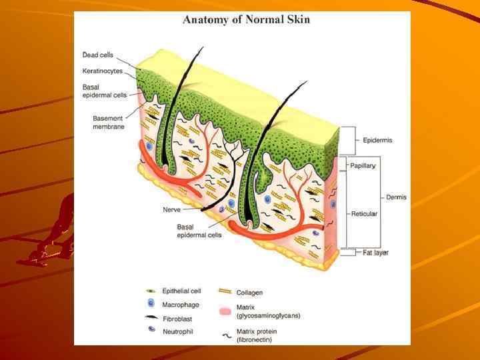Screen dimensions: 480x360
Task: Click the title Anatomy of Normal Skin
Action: pyautogui.click(x=246, y=19)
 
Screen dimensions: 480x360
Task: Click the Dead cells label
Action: pyautogui.click(x=97, y=55)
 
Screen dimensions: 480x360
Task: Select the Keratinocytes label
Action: pyautogui.click(x=103, y=71)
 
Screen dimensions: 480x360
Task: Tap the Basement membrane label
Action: pyautogui.click(x=109, y=123)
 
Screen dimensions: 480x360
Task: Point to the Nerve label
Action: pyautogui.click(x=172, y=209)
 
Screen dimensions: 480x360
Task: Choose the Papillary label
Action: pyautogui.click(x=363, y=165)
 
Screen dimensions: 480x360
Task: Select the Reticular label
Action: pyautogui.click(x=365, y=214)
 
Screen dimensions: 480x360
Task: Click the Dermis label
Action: pyautogui.click(x=396, y=197)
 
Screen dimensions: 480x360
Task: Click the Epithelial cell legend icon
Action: pyautogui.click(x=151, y=291)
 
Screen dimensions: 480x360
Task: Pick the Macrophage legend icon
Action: pyautogui.click(x=151, y=304)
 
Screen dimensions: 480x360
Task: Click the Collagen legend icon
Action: pyautogui.click(x=225, y=291)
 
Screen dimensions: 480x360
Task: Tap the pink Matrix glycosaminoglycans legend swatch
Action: pyautogui.click(x=225, y=311)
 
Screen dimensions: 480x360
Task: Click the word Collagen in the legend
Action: pyautogui.click(x=249, y=292)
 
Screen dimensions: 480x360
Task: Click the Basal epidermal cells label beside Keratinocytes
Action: pyautogui.click(x=105, y=91)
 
